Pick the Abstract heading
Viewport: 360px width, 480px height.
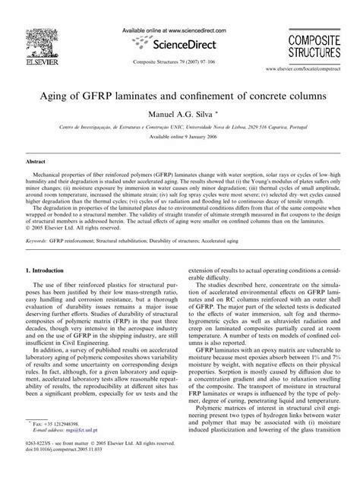tap(36, 163)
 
